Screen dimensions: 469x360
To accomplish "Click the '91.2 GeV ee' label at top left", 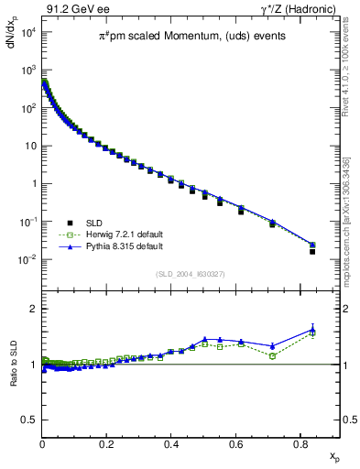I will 71,11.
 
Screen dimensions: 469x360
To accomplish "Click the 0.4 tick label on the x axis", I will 171,443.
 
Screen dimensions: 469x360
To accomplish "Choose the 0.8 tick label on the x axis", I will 300,443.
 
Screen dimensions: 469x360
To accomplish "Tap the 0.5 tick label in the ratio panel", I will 29,420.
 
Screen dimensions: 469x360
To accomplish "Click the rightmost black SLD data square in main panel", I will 312,251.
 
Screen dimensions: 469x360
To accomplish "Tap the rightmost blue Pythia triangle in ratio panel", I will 312,330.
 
